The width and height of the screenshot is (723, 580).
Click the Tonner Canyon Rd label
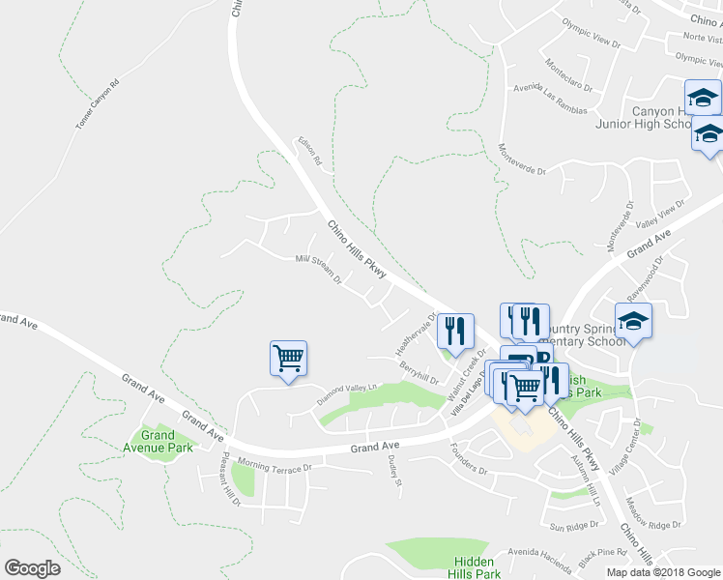[x=98, y=104]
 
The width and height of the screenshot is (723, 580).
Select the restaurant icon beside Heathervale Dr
[x=454, y=331]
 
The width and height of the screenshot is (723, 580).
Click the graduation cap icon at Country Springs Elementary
[x=633, y=321]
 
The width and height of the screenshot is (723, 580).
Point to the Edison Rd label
[x=309, y=154]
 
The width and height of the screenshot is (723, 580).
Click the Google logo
[x=32, y=568]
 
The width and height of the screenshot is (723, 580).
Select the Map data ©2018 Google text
[x=663, y=572]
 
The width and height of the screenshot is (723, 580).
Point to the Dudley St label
[x=394, y=472]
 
